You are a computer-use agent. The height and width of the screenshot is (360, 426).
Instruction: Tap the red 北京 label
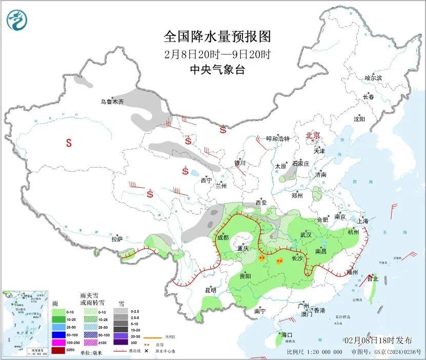tap(313, 135)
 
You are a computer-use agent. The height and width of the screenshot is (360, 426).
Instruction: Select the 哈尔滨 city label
tap(373, 78)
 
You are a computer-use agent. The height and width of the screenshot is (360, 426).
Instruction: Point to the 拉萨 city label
tap(117, 238)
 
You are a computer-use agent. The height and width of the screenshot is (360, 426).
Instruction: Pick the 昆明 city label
tap(211, 290)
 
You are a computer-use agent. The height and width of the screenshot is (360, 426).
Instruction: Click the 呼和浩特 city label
tap(278, 139)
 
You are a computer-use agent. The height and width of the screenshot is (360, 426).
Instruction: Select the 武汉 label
tap(307, 235)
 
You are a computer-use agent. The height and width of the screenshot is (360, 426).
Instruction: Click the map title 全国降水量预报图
tap(217, 36)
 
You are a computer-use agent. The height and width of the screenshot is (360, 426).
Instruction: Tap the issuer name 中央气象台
tap(217, 70)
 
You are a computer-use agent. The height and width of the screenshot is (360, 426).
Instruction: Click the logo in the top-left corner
tap(17, 20)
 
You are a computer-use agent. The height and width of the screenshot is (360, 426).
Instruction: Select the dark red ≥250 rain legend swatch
tap(58, 350)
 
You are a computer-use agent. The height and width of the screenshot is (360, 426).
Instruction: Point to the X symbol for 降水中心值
tap(146, 351)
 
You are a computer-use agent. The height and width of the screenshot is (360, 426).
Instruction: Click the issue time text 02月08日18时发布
tap(378, 341)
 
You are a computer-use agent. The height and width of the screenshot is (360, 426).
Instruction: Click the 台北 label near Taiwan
tap(374, 279)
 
